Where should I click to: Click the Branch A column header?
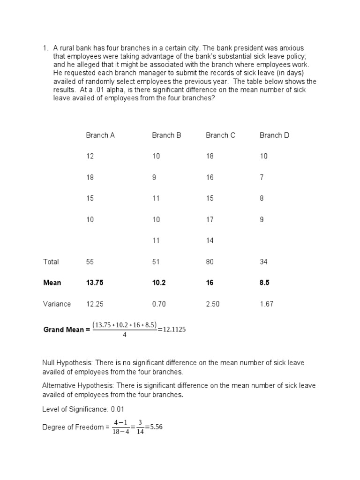[100, 135]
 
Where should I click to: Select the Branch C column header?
[220, 135]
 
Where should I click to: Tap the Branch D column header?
[274, 135]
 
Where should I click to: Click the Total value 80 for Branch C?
[210, 262]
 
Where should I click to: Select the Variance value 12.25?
[94, 304]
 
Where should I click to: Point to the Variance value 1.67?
[266, 304]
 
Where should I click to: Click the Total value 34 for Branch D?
[264, 262]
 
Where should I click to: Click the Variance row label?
[57, 304]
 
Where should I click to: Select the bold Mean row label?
[52, 283]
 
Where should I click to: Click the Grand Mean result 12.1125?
[174, 330]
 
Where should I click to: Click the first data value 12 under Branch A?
[90, 157]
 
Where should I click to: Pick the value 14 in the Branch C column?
[210, 240]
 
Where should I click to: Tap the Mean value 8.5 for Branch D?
[264, 283]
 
